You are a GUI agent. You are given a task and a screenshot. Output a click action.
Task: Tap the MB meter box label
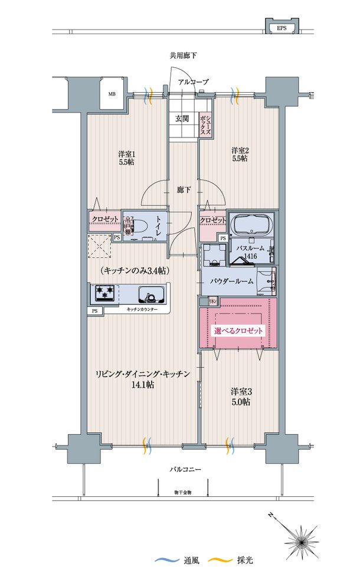pos(112,93)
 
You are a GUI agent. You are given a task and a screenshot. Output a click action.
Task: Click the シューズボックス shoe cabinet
pos(204,125)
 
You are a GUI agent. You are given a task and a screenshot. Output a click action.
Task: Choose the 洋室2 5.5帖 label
pos(239,154)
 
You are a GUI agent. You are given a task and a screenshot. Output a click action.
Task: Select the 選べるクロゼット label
pos(238,332)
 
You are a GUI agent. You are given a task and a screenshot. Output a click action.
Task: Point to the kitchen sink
pos(150,293)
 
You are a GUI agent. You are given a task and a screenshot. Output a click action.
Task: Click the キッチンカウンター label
pos(142,309)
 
